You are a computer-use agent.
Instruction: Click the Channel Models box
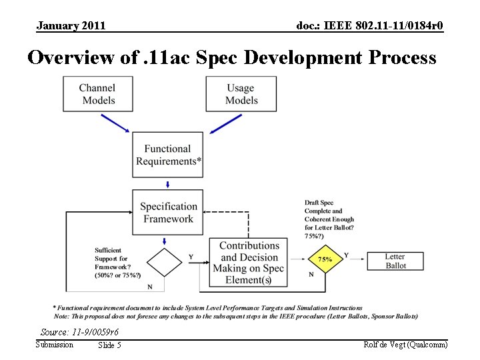tap(97, 94)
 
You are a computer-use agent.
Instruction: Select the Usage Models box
tap(241, 94)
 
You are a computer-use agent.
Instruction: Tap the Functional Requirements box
tap(168, 155)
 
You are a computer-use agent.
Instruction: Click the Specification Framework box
tap(168, 213)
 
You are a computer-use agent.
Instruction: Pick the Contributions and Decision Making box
tap(249, 263)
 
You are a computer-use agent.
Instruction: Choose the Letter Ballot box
tap(395, 261)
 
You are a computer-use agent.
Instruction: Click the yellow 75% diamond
tap(325, 260)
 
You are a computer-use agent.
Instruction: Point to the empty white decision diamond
tap(165, 262)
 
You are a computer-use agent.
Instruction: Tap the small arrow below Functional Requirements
tap(168, 183)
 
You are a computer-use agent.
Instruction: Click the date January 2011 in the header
tap(71, 26)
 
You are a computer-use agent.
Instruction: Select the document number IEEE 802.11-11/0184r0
tap(369, 26)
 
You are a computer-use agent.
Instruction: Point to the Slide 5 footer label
tap(109, 345)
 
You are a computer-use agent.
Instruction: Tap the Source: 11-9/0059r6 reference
tap(79, 332)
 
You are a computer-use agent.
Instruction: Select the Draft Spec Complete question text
tap(329, 219)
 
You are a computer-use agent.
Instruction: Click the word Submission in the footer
tap(55, 345)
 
